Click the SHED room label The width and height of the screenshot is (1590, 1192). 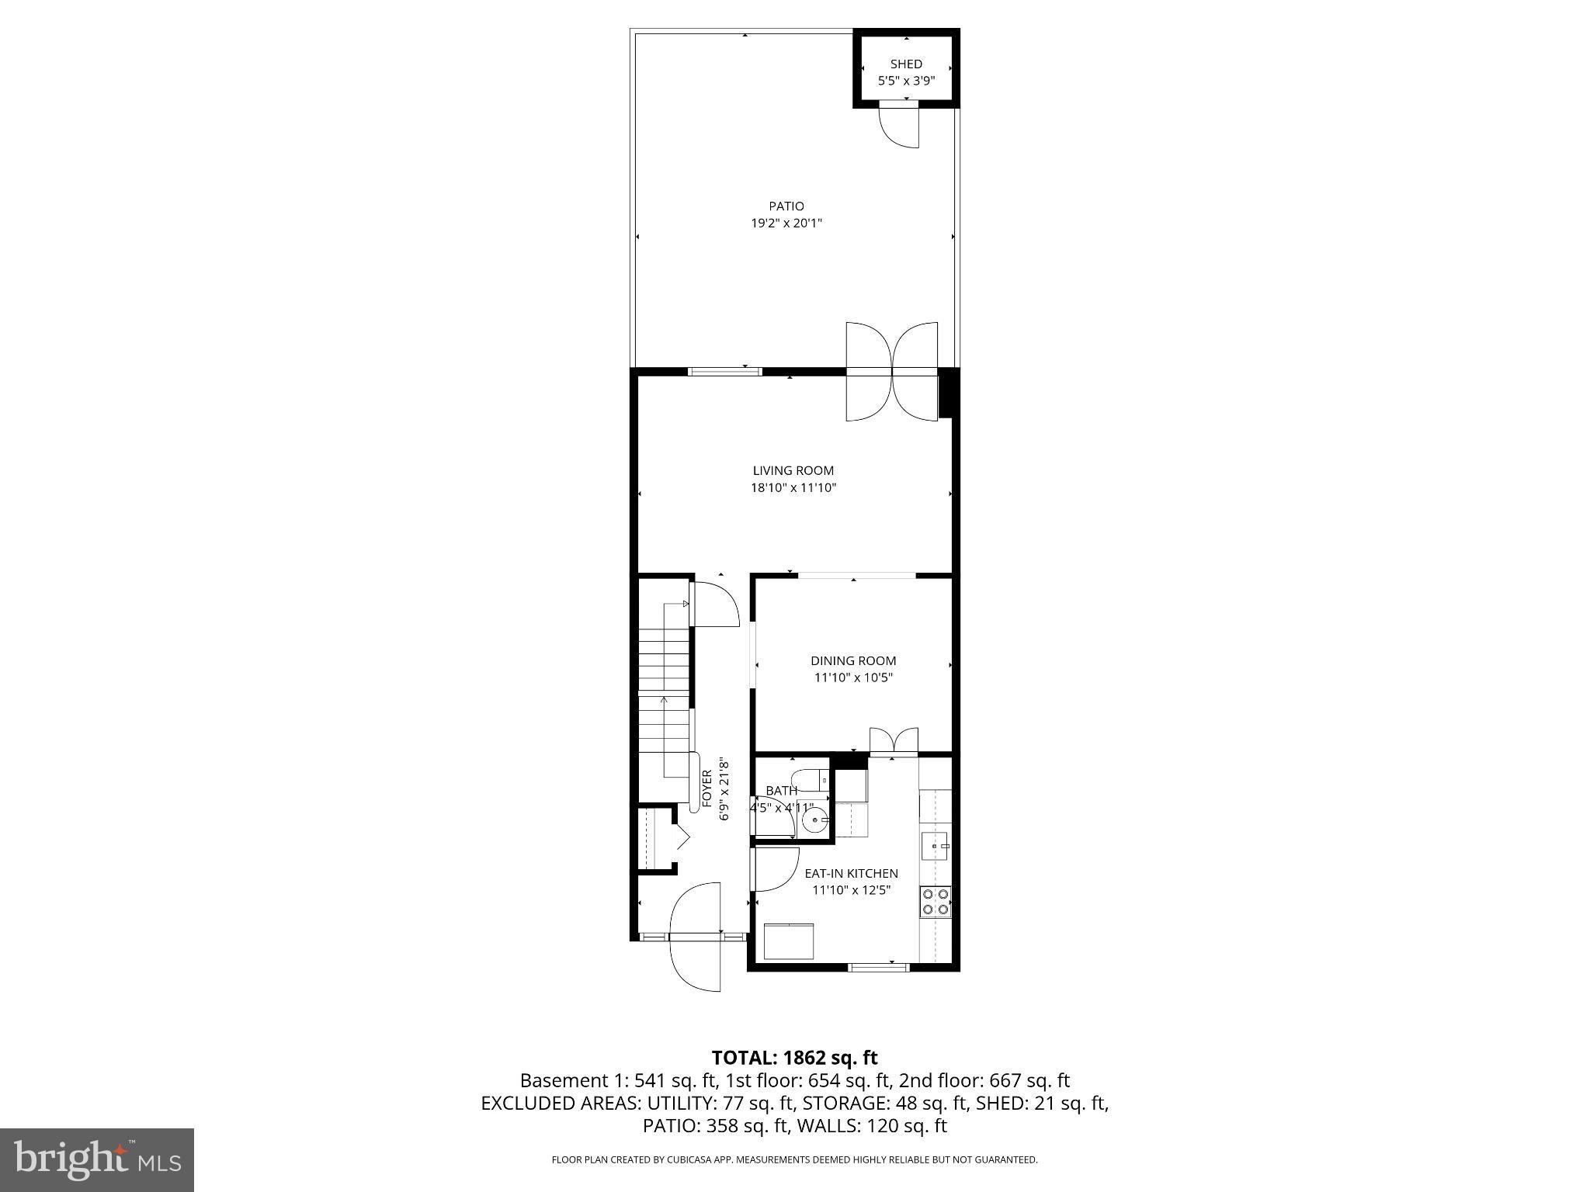[x=906, y=64]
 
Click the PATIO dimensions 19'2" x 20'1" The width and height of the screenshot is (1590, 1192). [x=786, y=223]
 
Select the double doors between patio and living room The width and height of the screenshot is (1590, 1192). [x=892, y=372]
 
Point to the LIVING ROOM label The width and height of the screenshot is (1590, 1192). [x=793, y=470]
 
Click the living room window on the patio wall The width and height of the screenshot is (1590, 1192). [x=725, y=372]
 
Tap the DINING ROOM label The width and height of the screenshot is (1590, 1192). [x=853, y=661]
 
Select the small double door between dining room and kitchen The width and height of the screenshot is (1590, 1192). [x=894, y=741]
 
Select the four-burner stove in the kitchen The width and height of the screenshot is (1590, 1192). [x=935, y=902]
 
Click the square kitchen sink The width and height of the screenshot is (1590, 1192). [x=934, y=845]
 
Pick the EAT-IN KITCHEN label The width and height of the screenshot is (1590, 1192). [x=851, y=874]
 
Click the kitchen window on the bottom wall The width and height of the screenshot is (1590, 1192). [x=878, y=967]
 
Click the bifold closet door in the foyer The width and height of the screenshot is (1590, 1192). [x=682, y=837]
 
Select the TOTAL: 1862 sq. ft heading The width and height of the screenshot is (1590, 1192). [x=794, y=1058]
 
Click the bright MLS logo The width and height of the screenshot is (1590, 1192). [x=97, y=1160]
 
